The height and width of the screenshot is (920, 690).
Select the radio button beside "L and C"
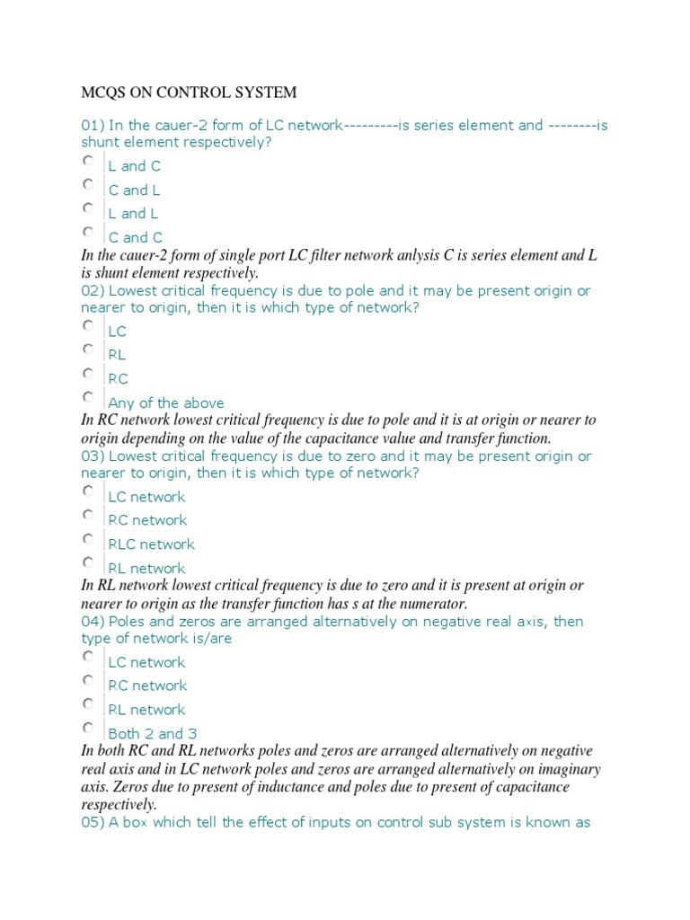click(88, 161)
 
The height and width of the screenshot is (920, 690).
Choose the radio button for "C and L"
click(88, 185)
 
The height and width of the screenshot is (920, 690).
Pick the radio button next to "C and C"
click(88, 233)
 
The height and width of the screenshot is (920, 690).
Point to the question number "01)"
click(93, 126)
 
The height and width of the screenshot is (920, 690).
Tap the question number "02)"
click(93, 291)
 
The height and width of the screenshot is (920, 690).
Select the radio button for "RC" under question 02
click(88, 374)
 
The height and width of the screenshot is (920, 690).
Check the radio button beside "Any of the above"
click(88, 397)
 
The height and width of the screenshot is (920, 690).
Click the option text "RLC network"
click(151, 544)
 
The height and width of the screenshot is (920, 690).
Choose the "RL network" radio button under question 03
click(88, 563)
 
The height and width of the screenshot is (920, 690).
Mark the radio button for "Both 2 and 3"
click(88, 729)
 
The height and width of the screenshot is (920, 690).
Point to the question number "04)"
click(93, 622)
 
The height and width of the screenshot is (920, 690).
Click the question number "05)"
click(93, 822)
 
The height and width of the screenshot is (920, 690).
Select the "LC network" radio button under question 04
click(88, 658)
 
